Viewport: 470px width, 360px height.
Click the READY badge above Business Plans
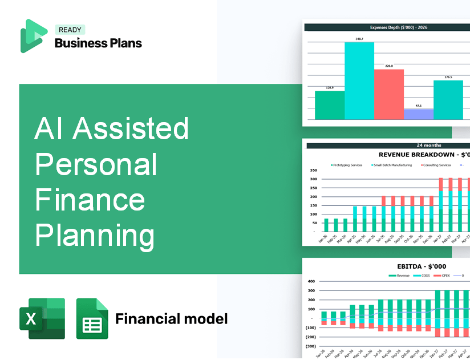click(x=70, y=30)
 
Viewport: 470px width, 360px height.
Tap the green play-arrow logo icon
click(x=33, y=36)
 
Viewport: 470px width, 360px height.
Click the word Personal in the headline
click(x=96, y=164)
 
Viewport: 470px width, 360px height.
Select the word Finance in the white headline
click(x=90, y=200)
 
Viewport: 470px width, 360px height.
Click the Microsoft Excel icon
click(x=42, y=318)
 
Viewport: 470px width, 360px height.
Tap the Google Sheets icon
click(x=92, y=318)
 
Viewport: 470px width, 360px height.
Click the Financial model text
click(x=171, y=318)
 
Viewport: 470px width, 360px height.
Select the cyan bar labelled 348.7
click(x=359, y=80)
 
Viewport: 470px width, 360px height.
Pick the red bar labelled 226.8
click(x=389, y=94)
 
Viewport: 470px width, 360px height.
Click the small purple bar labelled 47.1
click(x=418, y=114)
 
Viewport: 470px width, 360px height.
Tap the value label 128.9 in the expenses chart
click(x=329, y=88)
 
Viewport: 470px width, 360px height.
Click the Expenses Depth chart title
click(x=388, y=27)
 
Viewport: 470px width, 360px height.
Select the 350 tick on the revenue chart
click(x=313, y=171)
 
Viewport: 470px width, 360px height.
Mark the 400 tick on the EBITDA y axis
click(x=311, y=281)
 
